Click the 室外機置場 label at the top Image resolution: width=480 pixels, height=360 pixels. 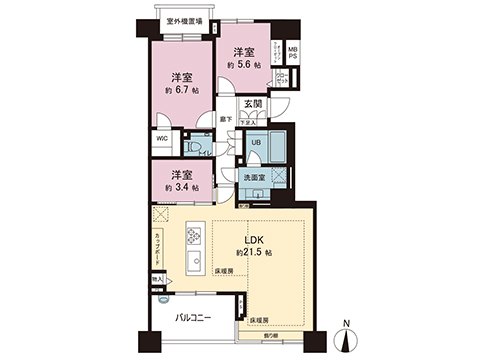click(x=184, y=20)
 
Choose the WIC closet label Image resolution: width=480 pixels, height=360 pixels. click(x=161, y=141)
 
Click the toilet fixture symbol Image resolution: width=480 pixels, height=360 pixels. click(x=192, y=146)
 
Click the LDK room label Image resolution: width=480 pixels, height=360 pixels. click(x=253, y=239)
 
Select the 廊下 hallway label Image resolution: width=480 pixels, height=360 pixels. click(x=225, y=120)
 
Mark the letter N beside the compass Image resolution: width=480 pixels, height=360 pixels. click(x=345, y=323)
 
